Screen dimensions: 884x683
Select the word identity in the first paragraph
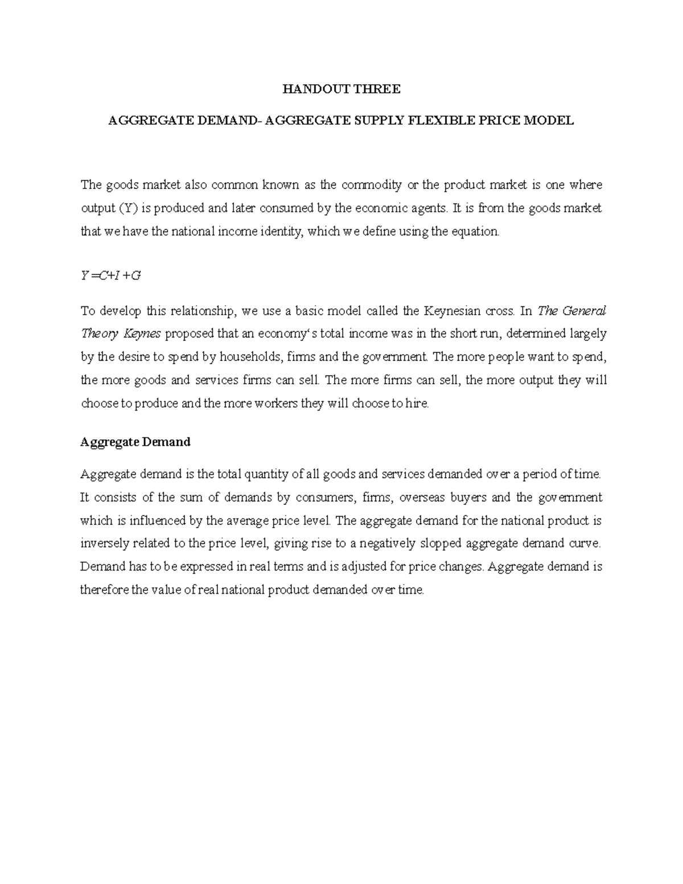(x=281, y=232)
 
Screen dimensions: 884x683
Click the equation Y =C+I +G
(x=110, y=276)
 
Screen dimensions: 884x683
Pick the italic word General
(x=583, y=311)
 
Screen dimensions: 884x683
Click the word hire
(x=416, y=404)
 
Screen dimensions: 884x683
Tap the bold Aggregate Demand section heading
(x=135, y=442)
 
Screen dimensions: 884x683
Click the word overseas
(x=423, y=497)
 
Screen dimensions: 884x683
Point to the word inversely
(x=104, y=544)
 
